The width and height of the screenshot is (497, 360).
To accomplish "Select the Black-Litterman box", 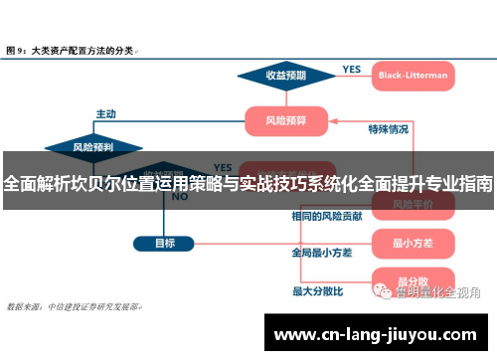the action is click(x=413, y=75).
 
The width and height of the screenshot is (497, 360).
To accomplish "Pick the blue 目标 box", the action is click(x=165, y=242).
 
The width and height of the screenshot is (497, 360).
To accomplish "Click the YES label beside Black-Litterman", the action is click(x=351, y=69).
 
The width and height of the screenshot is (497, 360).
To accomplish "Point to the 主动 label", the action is click(x=105, y=112).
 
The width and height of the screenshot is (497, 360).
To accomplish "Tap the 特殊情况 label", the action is click(x=388, y=128).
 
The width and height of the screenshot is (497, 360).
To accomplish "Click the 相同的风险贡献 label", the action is click(x=326, y=216).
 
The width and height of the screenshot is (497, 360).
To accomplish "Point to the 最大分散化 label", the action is click(x=317, y=291).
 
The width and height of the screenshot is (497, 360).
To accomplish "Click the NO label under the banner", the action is click(x=180, y=197).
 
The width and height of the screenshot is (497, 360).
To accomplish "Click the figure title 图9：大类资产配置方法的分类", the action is click(x=72, y=48).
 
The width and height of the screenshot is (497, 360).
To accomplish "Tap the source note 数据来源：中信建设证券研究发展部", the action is click(x=75, y=306).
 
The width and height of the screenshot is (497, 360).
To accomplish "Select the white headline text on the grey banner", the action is click(x=248, y=183).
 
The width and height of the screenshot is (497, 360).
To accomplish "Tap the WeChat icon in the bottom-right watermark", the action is click(x=381, y=291).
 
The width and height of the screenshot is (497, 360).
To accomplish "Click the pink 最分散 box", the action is click(x=411, y=281).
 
